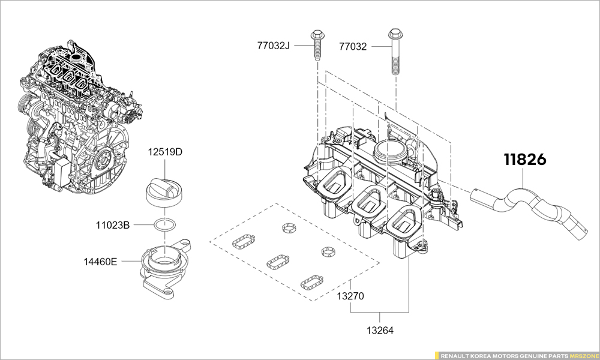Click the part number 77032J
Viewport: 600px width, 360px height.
coord(274,46)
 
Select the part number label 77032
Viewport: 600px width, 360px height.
coord(353,46)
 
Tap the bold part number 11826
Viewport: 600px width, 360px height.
coord(524,160)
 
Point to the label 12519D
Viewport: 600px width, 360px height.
coord(165,152)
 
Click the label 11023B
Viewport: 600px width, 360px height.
coord(113,226)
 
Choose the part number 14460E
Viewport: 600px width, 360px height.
coord(100,262)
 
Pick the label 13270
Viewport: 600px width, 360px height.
coord(350,296)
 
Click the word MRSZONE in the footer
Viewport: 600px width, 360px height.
coord(582,355)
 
